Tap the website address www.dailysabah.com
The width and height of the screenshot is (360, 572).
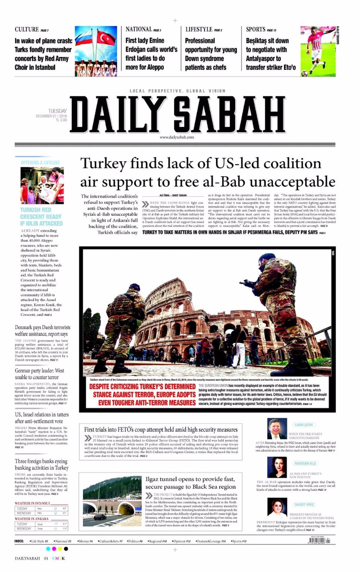(177, 137)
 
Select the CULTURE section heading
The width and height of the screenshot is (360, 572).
(27, 30)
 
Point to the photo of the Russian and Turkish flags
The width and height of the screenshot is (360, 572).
(96, 51)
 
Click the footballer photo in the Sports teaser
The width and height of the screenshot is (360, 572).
(317, 51)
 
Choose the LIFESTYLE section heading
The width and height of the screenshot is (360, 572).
(199, 30)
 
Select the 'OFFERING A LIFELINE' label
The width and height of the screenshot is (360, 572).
(40, 163)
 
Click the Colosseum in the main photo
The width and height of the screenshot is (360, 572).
(178, 320)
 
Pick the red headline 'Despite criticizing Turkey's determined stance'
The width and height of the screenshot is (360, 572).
(139, 395)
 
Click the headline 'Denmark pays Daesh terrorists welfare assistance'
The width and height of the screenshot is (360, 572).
(42, 330)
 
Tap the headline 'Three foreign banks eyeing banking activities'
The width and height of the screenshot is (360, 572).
(41, 465)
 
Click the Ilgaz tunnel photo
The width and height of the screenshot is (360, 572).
(110, 501)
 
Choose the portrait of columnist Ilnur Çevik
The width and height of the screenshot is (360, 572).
(277, 429)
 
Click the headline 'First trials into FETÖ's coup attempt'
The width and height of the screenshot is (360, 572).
(161, 429)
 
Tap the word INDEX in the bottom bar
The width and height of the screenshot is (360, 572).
(20, 541)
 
